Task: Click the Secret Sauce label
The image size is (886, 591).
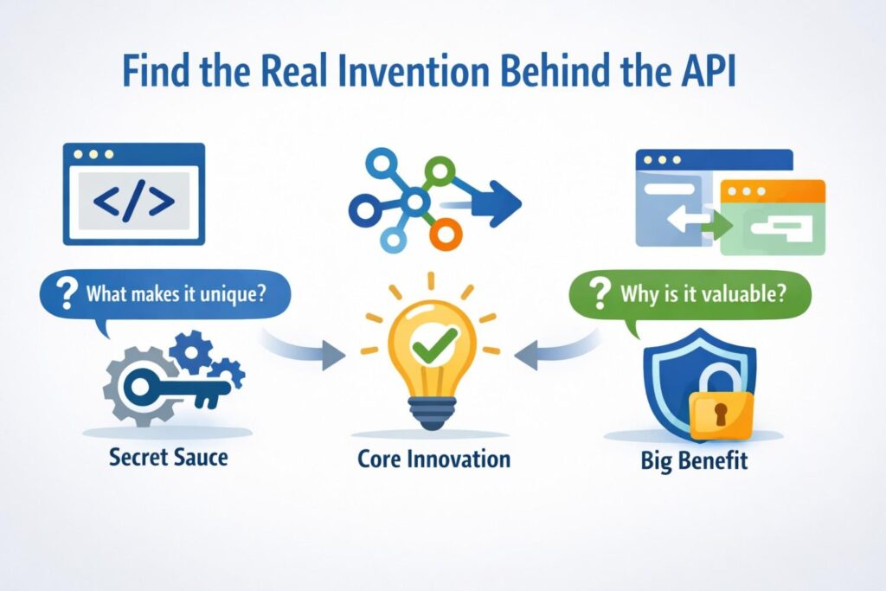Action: (167, 456)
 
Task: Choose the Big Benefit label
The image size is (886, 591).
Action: (694, 459)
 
